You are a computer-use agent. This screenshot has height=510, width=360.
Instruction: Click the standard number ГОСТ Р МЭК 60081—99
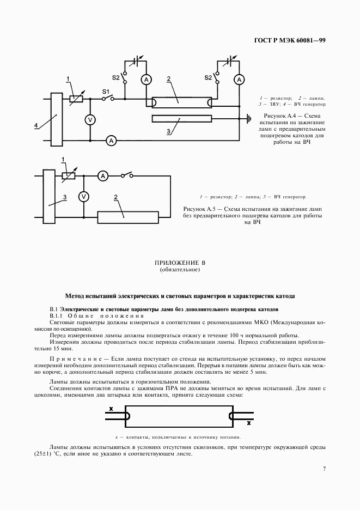(294, 41)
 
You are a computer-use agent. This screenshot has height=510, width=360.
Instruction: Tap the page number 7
(324, 468)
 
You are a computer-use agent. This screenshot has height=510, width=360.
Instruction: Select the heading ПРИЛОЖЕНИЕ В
(180, 263)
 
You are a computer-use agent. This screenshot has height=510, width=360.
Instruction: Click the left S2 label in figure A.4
(116, 77)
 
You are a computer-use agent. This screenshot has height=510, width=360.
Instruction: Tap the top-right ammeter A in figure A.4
(238, 80)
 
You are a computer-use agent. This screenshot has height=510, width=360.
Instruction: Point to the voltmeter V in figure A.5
(83, 196)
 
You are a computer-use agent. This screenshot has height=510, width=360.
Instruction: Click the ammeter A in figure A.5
(102, 175)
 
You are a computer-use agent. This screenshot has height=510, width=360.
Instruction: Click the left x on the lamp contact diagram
(111, 408)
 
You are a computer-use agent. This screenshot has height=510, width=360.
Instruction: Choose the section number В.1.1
(56, 316)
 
